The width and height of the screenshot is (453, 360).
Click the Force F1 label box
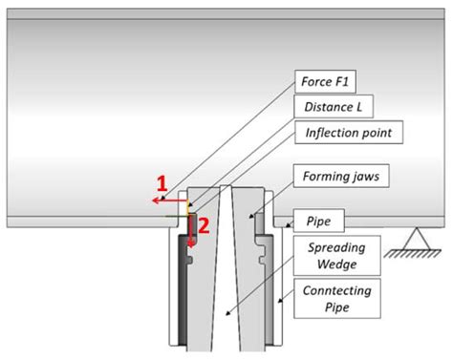325,81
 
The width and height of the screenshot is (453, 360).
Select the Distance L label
334,107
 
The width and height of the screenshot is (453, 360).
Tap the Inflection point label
349,133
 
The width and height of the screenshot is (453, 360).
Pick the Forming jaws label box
341,176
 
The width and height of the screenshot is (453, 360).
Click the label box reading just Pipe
318,221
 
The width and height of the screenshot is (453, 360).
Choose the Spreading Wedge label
337,256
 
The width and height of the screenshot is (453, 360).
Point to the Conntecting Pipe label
337,299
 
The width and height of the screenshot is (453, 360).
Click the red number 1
162,184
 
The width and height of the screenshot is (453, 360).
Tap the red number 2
204,225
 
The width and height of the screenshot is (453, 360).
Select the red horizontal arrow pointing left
169,201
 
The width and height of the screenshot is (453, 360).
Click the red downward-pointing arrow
191,231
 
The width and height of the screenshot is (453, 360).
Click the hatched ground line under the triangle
413,253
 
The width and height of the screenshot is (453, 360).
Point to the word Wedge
337,265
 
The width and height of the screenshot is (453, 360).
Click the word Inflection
330,133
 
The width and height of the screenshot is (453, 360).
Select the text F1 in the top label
341,81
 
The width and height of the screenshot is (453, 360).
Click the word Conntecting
337,290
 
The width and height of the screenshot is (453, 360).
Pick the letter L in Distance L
359,107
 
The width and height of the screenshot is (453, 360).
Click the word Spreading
336,247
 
